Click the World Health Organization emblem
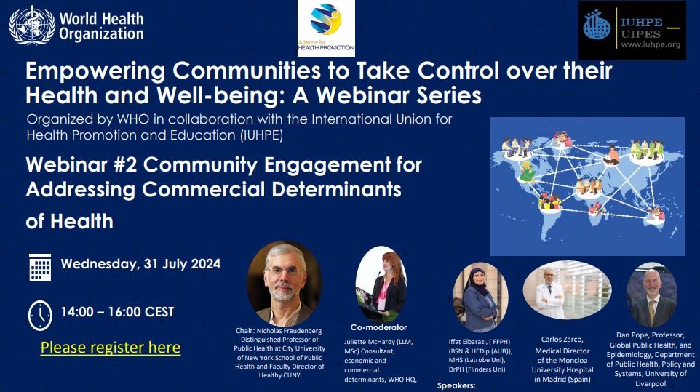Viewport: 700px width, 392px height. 32,25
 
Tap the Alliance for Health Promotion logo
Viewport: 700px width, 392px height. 327,28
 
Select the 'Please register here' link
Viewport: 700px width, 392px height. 111,348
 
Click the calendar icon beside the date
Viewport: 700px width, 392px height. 40,267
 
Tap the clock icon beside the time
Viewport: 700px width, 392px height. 40,314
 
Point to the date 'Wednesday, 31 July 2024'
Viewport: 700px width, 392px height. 140,263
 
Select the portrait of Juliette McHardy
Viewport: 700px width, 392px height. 381,284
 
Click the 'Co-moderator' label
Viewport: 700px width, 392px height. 378,327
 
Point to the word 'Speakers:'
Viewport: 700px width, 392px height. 456,387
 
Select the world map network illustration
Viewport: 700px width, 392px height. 587,185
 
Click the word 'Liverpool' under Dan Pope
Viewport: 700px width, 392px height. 651,383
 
